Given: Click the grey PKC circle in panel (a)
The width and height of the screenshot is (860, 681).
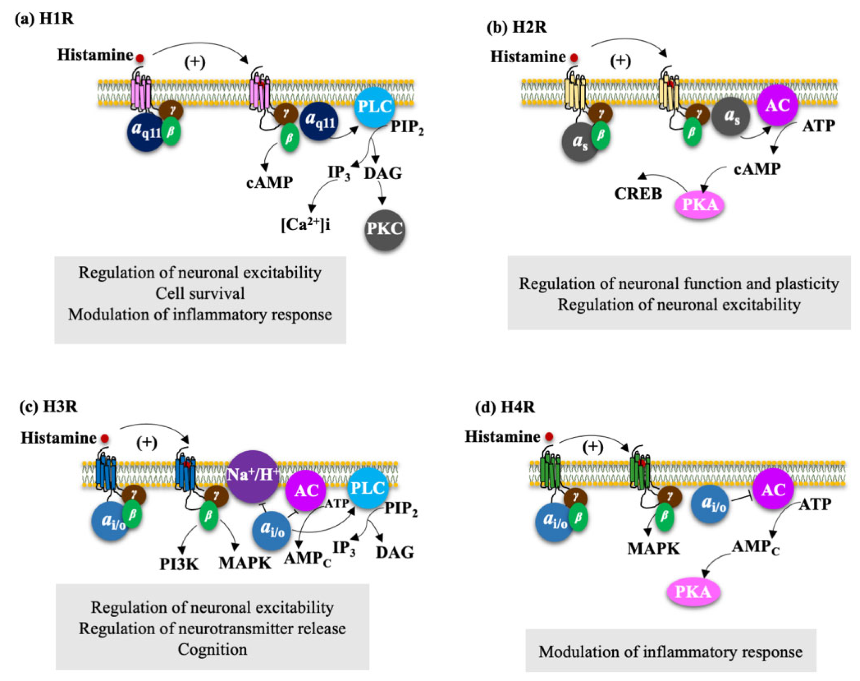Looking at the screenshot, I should [385, 230].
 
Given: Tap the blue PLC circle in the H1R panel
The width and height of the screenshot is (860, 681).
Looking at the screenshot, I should [374, 107].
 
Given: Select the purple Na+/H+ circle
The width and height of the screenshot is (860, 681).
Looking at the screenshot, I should [252, 476].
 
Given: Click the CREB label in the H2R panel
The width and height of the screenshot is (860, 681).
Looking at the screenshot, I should [638, 194].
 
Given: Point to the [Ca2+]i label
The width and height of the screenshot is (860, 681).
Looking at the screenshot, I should [306, 225].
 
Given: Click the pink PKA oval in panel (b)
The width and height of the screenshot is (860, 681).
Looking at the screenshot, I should [699, 205].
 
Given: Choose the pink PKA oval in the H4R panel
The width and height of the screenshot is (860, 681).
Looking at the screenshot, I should [693, 592].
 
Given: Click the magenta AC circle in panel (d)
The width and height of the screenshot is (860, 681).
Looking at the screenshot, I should [773, 489].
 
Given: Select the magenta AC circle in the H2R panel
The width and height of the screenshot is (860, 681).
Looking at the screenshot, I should [777, 105].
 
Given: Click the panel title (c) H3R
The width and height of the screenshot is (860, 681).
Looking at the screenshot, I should [48, 407].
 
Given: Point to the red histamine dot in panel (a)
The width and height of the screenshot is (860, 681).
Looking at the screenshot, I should [140, 58].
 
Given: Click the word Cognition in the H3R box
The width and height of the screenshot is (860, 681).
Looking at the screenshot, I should [212, 649].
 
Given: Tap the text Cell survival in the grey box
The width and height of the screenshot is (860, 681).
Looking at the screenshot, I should [200, 294].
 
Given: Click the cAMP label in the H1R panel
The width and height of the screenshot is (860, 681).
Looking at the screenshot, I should [269, 183].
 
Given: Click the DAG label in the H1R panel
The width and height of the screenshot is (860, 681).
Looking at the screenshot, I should [383, 174].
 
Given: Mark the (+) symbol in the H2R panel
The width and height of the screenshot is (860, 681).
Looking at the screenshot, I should [621, 61].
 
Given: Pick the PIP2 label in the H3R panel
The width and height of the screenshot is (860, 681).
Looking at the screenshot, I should [400, 509].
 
